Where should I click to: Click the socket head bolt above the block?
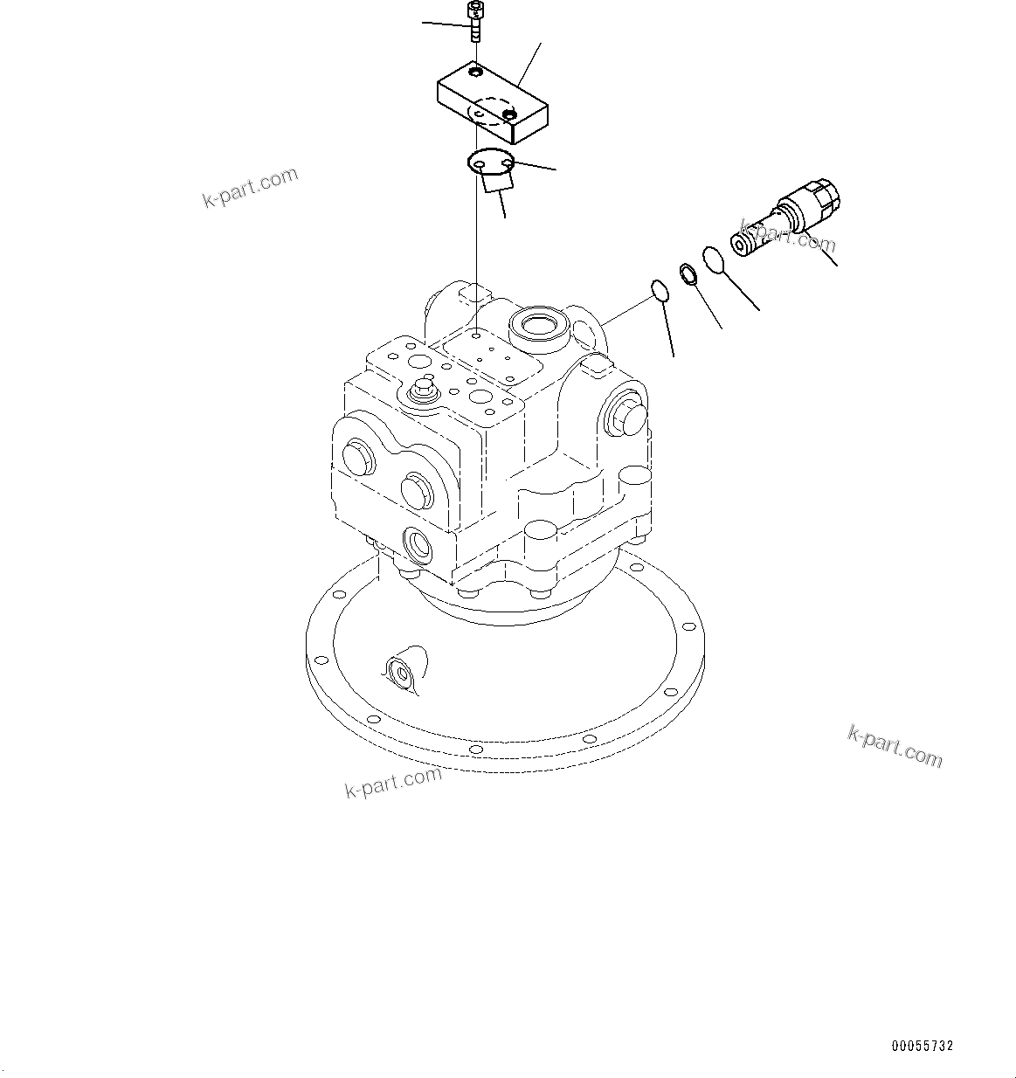coord(474,21)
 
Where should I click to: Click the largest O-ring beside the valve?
coord(714,259)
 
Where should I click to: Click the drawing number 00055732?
coord(923,1045)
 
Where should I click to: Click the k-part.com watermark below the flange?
coord(394,781)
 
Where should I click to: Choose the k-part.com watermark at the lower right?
coord(895,746)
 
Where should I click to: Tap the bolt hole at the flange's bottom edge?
coord(473,750)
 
